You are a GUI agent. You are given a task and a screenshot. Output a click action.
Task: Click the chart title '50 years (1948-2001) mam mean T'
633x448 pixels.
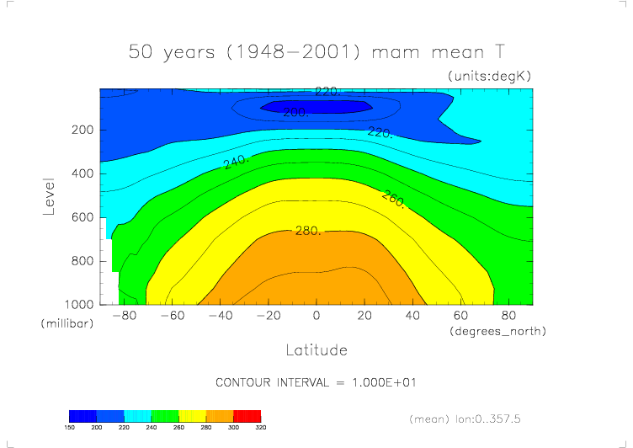(316, 51)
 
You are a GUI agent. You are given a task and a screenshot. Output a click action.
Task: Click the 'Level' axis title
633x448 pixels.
(49, 195)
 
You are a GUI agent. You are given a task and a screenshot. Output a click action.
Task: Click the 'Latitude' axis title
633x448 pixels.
(316, 349)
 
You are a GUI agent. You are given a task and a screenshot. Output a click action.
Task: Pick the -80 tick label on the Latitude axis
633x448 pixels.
(124, 316)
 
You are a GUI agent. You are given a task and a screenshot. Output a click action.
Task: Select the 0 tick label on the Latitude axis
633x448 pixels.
(316, 316)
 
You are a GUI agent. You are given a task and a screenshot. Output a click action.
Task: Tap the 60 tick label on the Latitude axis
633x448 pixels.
(461, 316)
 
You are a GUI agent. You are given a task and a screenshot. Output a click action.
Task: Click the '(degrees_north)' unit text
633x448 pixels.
(498, 331)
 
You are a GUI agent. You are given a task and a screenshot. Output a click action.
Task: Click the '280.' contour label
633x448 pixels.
(308, 230)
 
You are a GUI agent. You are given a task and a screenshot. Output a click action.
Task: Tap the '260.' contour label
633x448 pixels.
(393, 199)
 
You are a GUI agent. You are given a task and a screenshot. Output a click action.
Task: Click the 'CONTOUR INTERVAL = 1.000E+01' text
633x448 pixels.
(316, 382)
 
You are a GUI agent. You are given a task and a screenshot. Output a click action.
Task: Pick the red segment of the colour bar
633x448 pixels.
(247, 416)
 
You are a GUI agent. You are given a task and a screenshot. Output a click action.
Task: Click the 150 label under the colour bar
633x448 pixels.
(70, 428)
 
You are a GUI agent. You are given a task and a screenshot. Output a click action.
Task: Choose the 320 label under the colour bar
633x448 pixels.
(261, 428)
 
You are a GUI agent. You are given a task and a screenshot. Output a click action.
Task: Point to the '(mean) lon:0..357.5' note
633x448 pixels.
(464, 418)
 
